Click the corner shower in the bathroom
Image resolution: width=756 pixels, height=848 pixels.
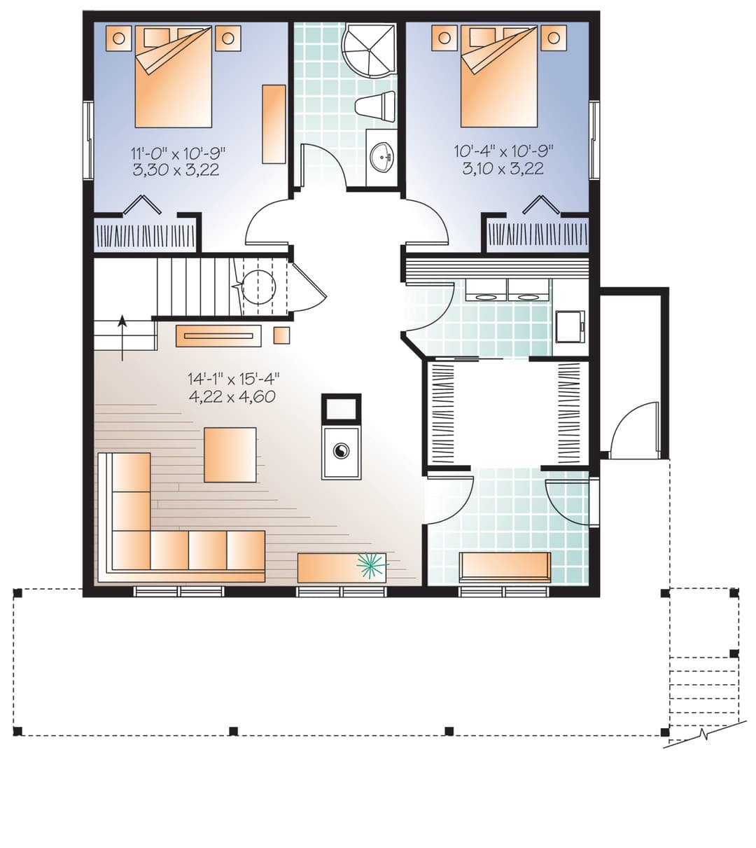tap(368, 51)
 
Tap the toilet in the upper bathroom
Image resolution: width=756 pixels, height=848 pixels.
tap(375, 105)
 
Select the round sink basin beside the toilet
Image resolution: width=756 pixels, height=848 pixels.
tap(381, 157)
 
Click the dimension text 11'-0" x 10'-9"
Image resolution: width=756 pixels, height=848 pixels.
tap(178, 153)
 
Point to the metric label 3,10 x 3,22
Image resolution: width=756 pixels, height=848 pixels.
tap(503, 168)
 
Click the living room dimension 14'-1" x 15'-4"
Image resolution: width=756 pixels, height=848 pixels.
tap(233, 379)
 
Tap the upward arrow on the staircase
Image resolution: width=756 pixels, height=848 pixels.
tap(122, 338)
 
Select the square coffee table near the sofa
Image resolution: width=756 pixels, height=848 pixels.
tap(230, 454)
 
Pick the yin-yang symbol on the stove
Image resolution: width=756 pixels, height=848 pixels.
tap(341, 451)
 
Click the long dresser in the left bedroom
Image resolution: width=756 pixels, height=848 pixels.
tap(274, 124)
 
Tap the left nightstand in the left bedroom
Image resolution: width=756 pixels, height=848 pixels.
tap(118, 38)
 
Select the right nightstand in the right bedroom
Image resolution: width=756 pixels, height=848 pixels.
tap(554, 38)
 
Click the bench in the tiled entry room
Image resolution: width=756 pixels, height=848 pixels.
tap(505, 567)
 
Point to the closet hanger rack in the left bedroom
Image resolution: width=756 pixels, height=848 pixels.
tap(146, 237)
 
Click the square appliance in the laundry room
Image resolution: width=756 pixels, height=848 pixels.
tap(570, 326)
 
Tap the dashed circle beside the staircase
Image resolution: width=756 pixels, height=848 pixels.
tap(259, 286)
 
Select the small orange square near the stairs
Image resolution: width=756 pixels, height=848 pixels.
tap(281, 335)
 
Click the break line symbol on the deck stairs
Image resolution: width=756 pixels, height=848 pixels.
tap(706, 733)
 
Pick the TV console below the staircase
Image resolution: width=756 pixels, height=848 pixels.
tap(218, 335)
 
